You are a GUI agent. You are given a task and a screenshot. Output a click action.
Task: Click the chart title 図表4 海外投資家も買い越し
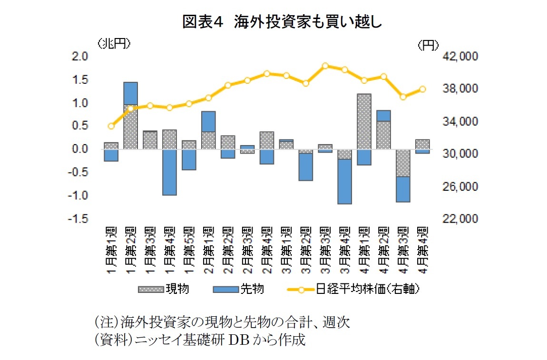283,23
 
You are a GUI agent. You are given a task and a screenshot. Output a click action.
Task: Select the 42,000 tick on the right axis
459,57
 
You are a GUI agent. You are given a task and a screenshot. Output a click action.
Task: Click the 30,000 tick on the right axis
459,154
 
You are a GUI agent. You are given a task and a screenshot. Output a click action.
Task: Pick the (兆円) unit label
114,44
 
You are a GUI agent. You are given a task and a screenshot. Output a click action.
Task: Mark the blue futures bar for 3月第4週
344,181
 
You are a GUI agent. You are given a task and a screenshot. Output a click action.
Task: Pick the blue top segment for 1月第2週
130,93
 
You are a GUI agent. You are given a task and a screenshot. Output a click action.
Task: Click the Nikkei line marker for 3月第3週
325,66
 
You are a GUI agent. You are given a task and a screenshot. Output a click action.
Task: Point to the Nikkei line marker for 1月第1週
111,126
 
